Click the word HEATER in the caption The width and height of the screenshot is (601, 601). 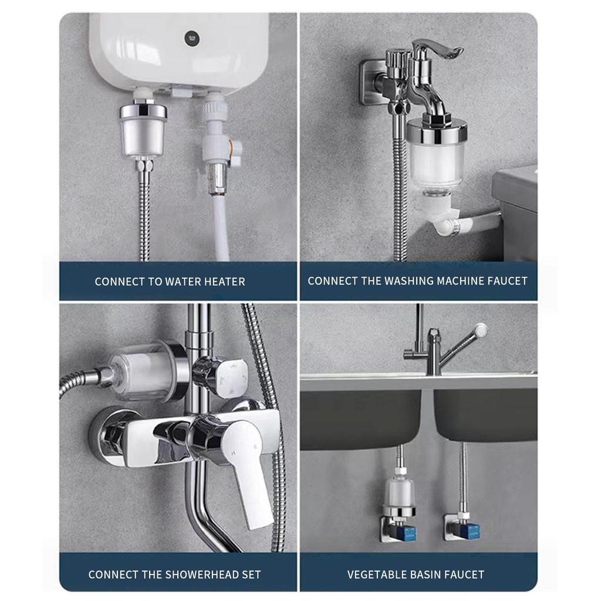(x=224, y=282)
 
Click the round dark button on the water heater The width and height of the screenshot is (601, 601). (x=192, y=38)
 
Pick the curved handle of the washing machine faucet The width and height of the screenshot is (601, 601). (x=437, y=50)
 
